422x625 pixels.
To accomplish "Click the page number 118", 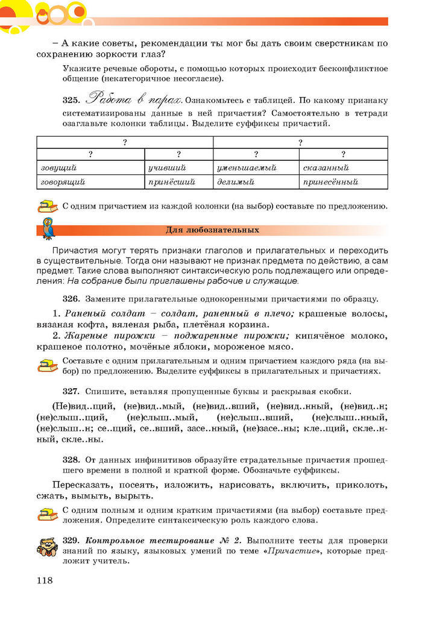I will (x=45, y=580).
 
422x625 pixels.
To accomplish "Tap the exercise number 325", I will (x=71, y=100).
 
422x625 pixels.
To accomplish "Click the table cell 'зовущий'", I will (x=58, y=168).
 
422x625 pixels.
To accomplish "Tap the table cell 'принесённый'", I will (x=331, y=181).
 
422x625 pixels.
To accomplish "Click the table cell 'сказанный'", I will (x=326, y=168).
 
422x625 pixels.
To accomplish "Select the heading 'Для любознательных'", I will (x=212, y=230).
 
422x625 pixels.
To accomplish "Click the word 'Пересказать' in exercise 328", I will (x=79, y=485).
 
